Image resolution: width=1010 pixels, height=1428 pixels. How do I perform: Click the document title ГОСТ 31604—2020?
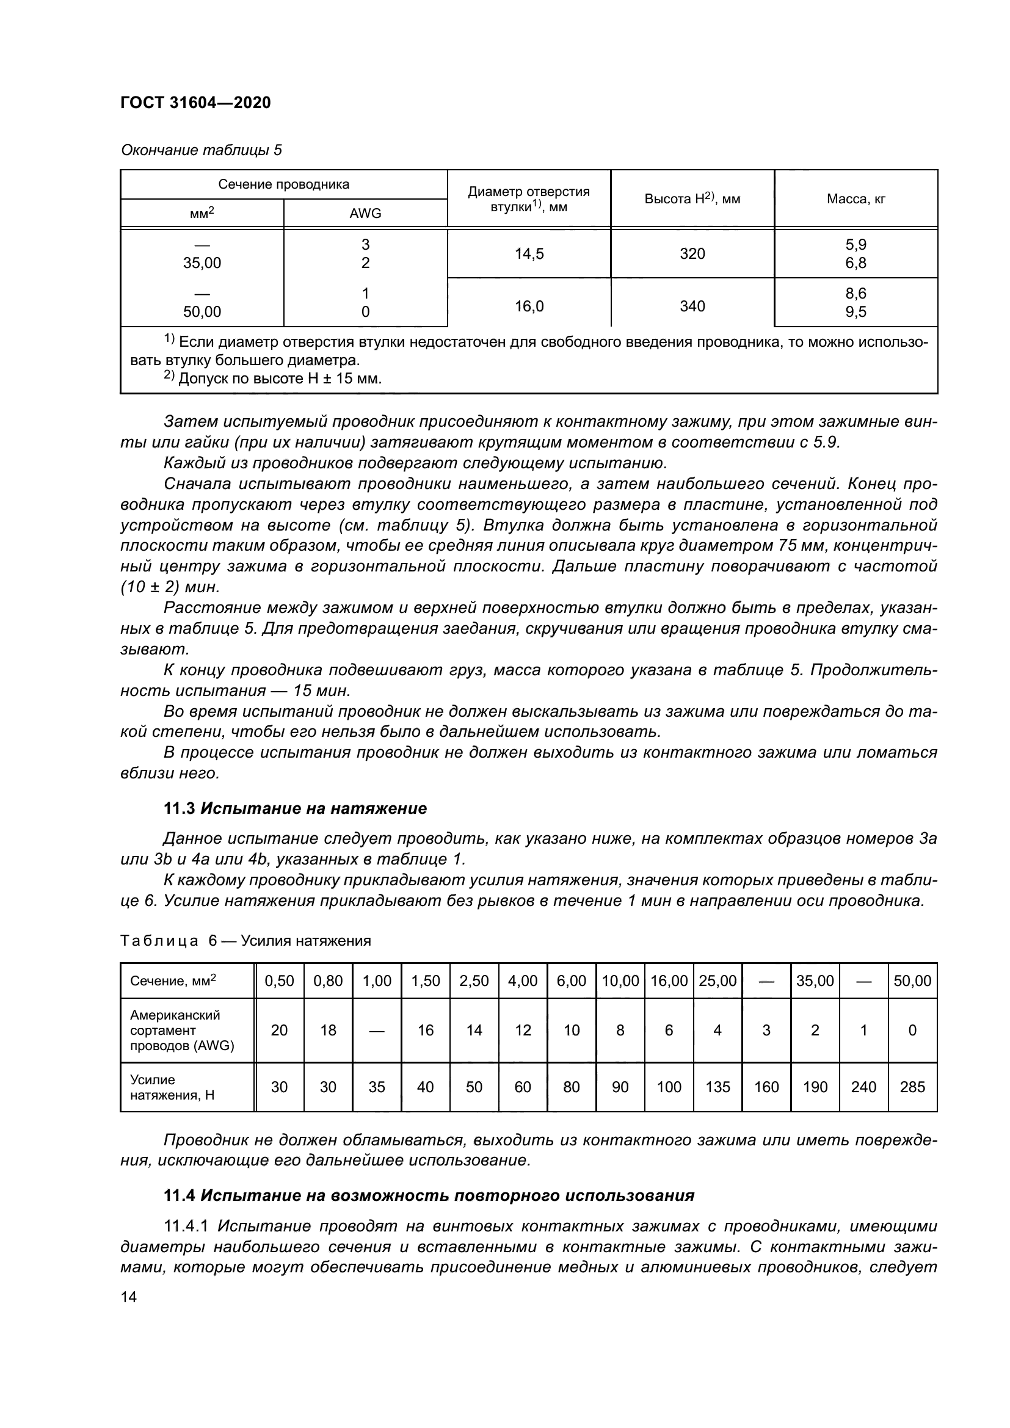195,103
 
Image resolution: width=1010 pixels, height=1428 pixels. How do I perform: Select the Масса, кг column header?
856,199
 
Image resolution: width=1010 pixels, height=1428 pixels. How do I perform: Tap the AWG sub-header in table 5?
365,213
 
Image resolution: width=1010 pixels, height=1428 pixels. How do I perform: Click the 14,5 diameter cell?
529,254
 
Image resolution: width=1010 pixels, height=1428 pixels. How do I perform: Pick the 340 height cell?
692,306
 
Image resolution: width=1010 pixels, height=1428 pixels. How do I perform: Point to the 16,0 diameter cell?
529,306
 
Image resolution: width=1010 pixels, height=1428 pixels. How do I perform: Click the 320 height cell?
692,254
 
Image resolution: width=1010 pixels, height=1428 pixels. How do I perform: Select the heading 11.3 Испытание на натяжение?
295,808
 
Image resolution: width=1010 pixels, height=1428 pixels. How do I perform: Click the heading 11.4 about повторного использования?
429,1195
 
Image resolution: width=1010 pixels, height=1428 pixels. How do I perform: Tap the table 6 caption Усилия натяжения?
245,941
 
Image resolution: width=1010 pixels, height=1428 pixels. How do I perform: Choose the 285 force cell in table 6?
912,1087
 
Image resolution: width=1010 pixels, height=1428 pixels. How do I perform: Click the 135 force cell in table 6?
718,1087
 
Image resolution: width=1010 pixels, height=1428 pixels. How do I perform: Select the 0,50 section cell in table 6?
279,981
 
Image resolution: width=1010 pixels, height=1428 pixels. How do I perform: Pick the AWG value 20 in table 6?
279,1030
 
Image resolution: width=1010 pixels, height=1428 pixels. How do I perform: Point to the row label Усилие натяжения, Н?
172,1087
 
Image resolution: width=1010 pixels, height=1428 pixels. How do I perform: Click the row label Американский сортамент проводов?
181,1030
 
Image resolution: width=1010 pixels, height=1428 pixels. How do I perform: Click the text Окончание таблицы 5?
202,150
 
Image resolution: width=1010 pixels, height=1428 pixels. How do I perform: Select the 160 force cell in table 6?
766,1087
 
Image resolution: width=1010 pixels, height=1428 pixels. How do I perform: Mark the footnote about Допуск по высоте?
274,378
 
